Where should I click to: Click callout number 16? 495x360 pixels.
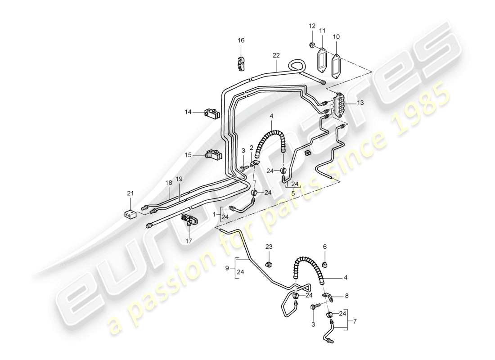coord(241,40)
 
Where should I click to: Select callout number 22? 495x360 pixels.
coord(276,55)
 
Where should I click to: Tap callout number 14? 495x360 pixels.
coord(188,112)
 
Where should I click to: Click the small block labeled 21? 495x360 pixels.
coord(130,214)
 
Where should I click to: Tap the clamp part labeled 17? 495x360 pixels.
coord(189,221)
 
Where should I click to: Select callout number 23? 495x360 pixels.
coord(269,247)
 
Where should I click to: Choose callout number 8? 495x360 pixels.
coord(346,297)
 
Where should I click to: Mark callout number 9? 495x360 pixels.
coord(227,269)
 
